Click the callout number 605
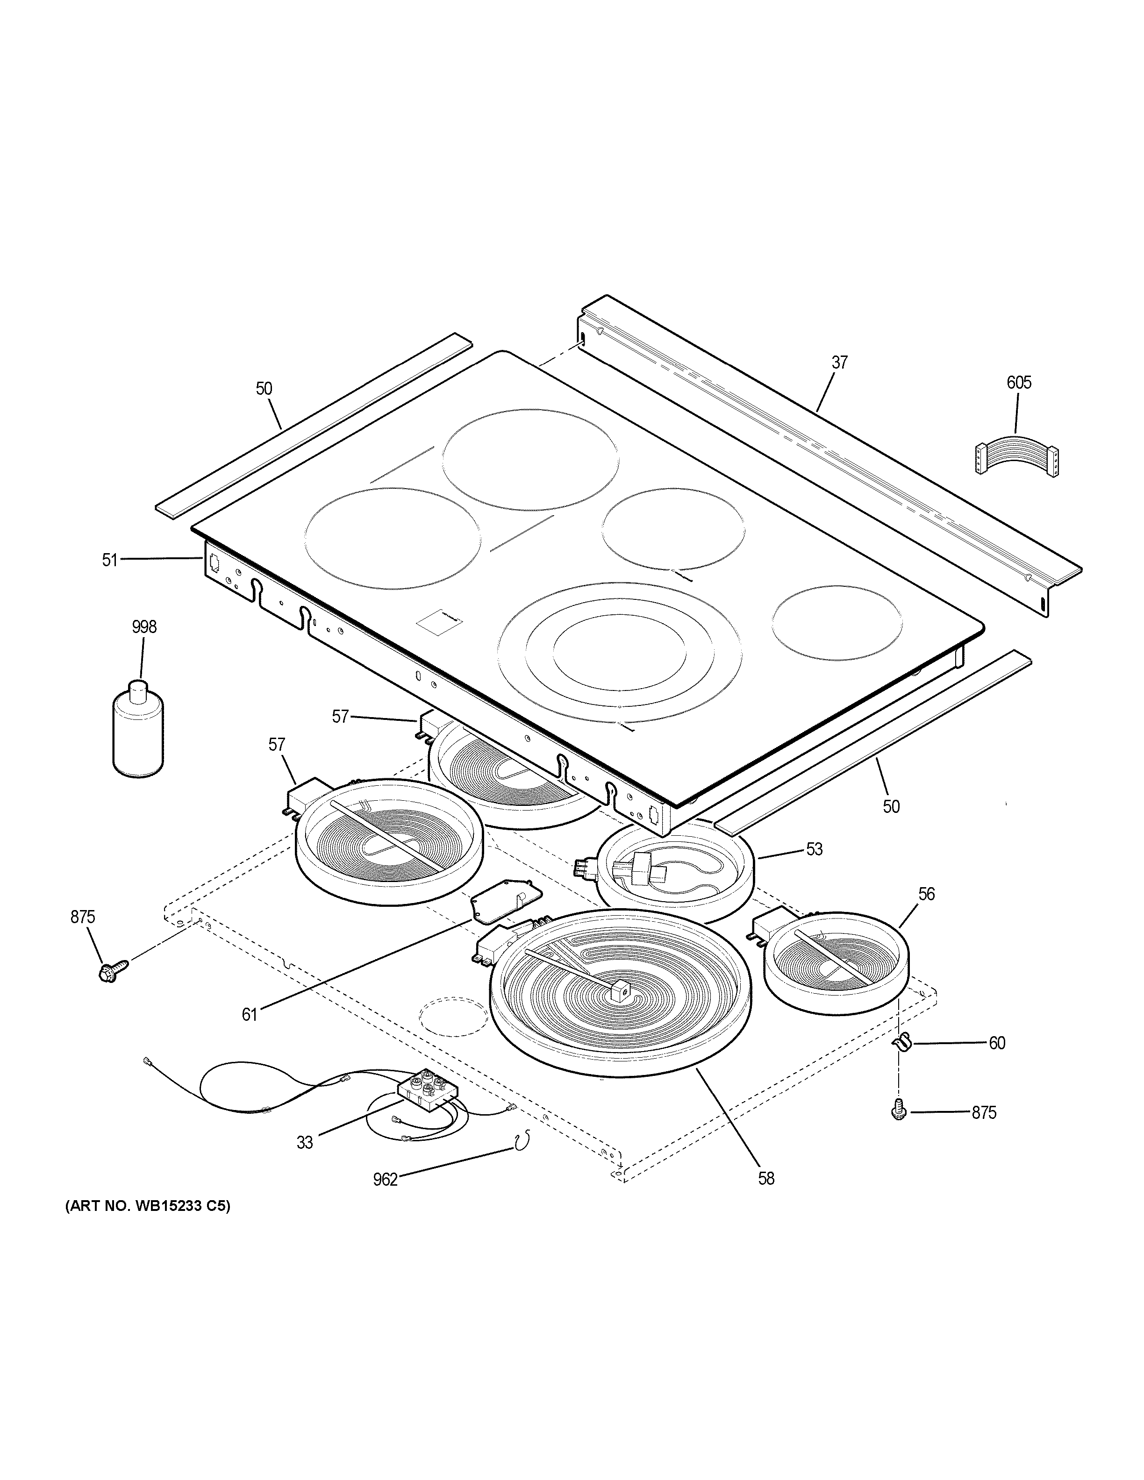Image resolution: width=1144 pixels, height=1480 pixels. [x=1019, y=383]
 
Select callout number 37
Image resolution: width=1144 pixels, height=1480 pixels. [x=840, y=363]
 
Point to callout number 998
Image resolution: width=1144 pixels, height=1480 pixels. [x=143, y=627]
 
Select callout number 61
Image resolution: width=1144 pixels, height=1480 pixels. [x=250, y=1033]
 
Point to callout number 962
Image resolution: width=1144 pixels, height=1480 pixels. [x=385, y=1180]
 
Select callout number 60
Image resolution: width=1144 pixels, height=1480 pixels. [x=996, y=1043]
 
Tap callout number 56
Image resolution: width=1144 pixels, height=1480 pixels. [x=926, y=894]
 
